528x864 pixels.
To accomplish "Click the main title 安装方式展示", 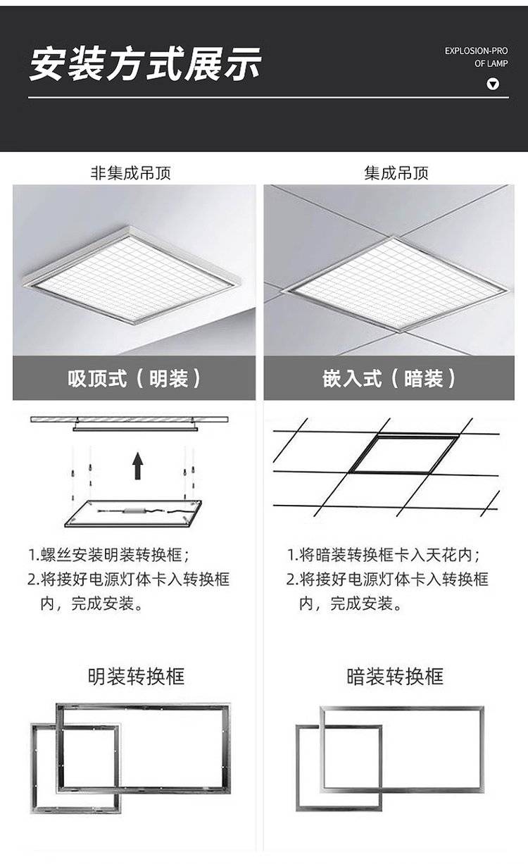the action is pyautogui.click(x=146, y=64).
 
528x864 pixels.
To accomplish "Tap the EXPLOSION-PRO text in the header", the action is pyautogui.click(x=476, y=51).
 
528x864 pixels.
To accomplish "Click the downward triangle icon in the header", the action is pyautogui.click(x=493, y=84).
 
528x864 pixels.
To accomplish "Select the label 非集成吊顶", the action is pyautogui.click(x=130, y=173).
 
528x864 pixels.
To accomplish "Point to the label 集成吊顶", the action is pyautogui.click(x=396, y=173).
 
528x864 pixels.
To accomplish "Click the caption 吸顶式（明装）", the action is pyautogui.click(x=134, y=378).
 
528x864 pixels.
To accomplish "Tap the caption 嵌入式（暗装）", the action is pyautogui.click(x=389, y=378).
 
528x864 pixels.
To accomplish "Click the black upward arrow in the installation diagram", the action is pyautogui.click(x=138, y=465).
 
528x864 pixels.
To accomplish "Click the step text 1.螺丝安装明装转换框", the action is pyautogui.click(x=108, y=555).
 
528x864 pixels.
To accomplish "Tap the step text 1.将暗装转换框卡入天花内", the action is pyautogui.click(x=384, y=555).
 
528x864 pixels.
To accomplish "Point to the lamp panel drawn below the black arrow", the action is pyautogui.click(x=133, y=513).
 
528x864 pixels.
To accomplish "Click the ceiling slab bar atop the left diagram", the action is pyautogui.click(x=130, y=419).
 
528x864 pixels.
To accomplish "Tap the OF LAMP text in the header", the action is pyautogui.click(x=491, y=63).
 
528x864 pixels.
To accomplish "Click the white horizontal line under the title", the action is pyautogui.click(x=268, y=98).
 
